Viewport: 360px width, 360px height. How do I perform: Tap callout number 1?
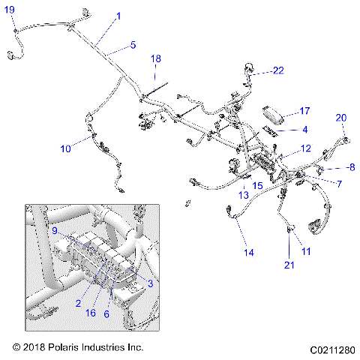(118, 16)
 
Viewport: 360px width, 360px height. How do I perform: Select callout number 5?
(133, 45)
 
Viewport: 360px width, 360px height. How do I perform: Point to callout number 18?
(156, 58)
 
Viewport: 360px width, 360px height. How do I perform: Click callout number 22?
(279, 70)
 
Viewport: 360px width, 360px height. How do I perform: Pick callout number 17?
(304, 111)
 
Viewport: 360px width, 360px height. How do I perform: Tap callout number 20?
(340, 118)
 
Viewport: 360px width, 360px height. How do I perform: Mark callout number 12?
(306, 148)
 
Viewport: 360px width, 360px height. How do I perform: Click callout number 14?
(247, 253)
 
